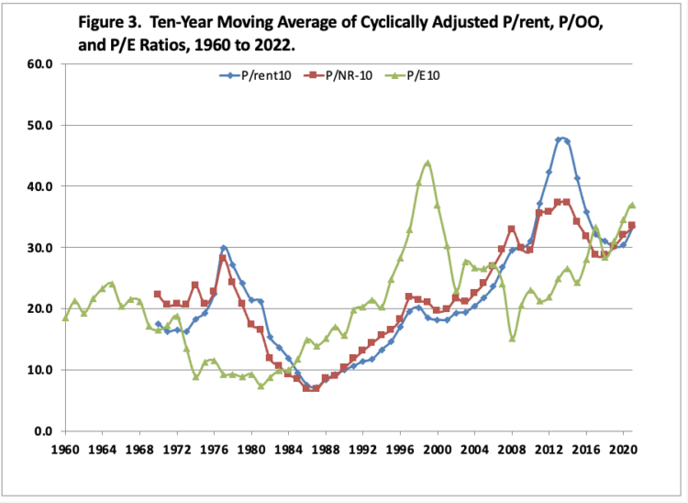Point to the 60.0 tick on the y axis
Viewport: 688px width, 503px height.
click(x=41, y=64)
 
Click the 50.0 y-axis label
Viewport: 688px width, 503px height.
click(x=41, y=125)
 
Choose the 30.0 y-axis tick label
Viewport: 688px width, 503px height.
click(x=41, y=248)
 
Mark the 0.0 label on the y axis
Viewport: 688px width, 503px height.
click(x=44, y=431)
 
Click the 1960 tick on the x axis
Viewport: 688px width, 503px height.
click(x=65, y=450)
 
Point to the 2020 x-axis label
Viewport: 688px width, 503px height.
click(x=624, y=450)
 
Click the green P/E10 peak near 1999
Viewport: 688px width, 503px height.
click(x=427, y=163)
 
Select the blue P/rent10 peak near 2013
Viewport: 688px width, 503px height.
click(x=559, y=140)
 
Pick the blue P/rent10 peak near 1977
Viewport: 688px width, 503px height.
click(x=223, y=248)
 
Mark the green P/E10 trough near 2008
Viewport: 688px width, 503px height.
click(x=512, y=339)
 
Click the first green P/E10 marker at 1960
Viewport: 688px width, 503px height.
click(x=65, y=318)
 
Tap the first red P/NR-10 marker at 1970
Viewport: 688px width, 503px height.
click(x=158, y=295)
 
